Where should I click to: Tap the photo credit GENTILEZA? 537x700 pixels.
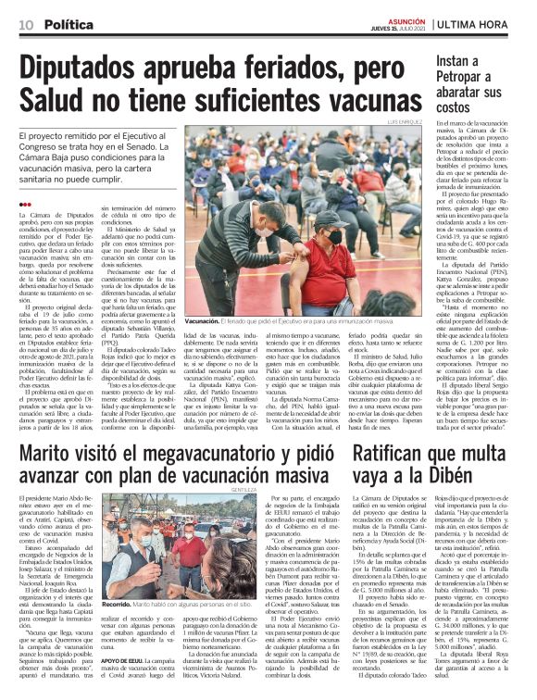click(320, 513)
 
